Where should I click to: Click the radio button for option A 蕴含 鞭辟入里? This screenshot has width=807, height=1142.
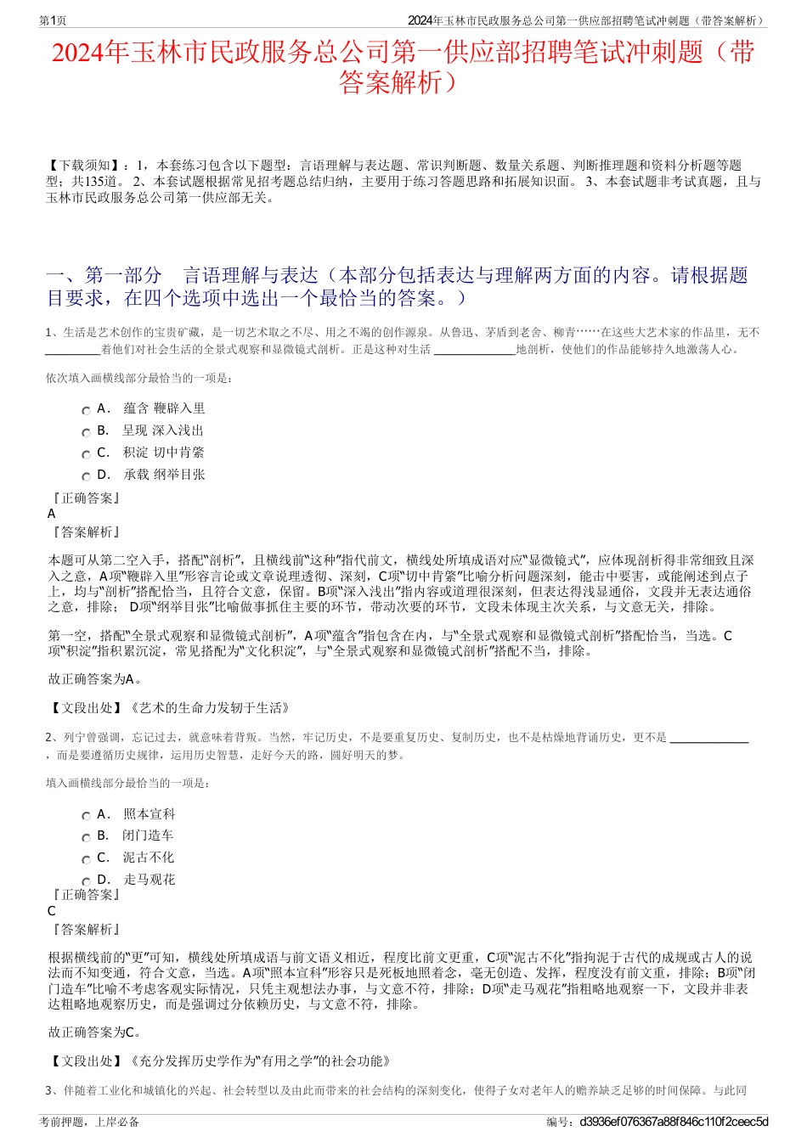click(x=86, y=410)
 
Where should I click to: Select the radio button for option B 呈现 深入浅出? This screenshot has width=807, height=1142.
click(x=86, y=432)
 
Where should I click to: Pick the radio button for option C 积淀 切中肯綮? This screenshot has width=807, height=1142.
click(x=86, y=454)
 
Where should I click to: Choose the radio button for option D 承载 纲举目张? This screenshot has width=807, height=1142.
click(x=86, y=476)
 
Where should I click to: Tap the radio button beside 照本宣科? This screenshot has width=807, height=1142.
click(x=86, y=816)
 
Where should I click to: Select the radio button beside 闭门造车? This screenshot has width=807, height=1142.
click(x=86, y=837)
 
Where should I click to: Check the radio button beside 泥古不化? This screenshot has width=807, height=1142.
click(x=86, y=859)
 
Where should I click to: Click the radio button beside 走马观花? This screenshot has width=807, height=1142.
click(x=86, y=881)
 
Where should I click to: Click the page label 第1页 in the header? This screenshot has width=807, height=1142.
click(x=53, y=20)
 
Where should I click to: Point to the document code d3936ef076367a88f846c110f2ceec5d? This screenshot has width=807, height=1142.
click(x=674, y=1122)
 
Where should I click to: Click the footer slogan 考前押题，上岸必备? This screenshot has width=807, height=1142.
click(x=89, y=1122)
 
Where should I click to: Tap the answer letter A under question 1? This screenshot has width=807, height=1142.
click(x=52, y=514)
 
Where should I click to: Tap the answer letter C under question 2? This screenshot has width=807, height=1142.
click(x=52, y=911)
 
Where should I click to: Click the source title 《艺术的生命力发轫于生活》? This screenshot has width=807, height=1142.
click(x=209, y=707)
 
